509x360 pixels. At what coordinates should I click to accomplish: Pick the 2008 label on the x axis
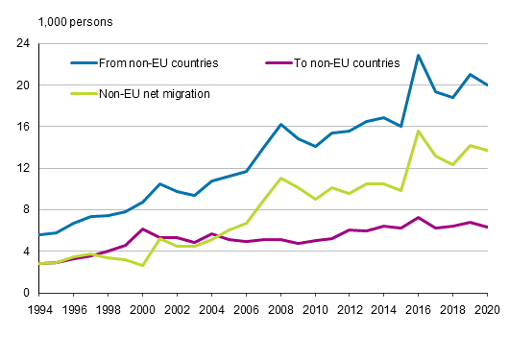click(279, 308)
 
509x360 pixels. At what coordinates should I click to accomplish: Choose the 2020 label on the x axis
click(487, 308)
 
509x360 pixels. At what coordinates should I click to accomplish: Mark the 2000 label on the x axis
click(142, 308)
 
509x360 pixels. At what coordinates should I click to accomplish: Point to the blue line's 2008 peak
click(279, 125)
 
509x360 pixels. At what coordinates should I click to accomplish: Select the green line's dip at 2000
click(142, 265)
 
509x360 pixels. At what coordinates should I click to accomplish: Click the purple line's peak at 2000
click(142, 229)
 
